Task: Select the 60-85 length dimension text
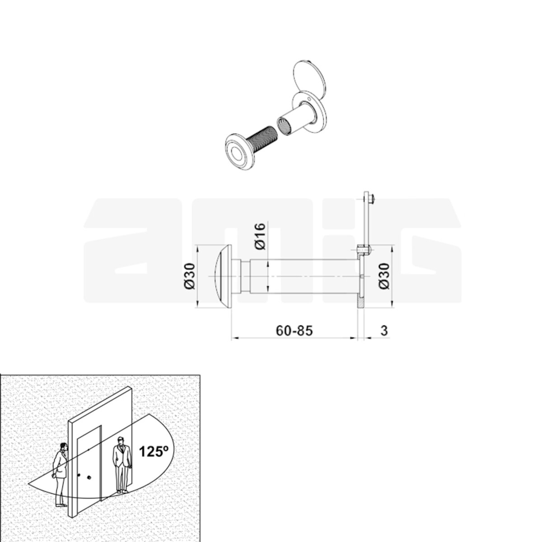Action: [x=294, y=331]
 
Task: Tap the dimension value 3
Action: [x=384, y=331]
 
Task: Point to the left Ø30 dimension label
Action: [x=189, y=276]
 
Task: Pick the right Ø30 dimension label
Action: [x=384, y=276]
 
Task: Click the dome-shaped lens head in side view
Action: [x=223, y=276]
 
